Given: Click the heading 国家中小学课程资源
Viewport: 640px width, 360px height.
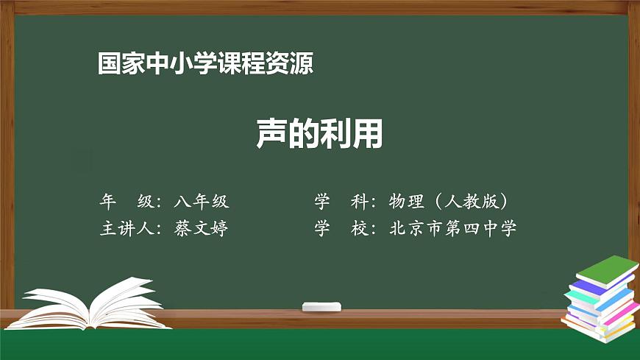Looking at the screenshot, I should (x=205, y=63).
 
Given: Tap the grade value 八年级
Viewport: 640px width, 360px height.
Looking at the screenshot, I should (x=202, y=201).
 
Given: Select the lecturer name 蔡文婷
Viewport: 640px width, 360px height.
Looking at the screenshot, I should (x=202, y=228).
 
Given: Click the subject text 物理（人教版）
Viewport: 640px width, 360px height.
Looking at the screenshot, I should (x=449, y=201).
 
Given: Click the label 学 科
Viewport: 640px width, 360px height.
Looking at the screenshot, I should (x=341, y=201).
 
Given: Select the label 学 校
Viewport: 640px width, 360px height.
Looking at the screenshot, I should (x=341, y=228).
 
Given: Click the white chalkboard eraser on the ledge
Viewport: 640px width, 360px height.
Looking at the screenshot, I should (x=321, y=306).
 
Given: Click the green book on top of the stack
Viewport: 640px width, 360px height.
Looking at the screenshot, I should (x=607, y=269).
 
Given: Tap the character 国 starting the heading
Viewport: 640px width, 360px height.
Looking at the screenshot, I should (x=108, y=63).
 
